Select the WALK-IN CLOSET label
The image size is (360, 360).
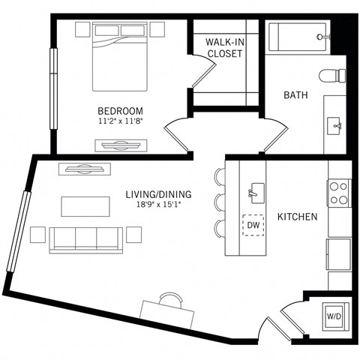click(x=224, y=48)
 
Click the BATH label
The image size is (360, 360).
click(x=293, y=95)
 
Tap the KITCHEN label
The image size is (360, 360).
click(x=298, y=217)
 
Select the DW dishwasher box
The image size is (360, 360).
click(x=253, y=225)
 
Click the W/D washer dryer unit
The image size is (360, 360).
click(x=332, y=316)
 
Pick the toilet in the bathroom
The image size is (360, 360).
click(x=331, y=76)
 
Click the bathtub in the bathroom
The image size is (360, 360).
click(x=298, y=36)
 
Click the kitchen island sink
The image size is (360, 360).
click(x=256, y=192)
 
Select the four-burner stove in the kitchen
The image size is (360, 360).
click(x=338, y=193)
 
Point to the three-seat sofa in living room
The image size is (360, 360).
click(x=85, y=238)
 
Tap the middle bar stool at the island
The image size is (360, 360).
click(x=220, y=202)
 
